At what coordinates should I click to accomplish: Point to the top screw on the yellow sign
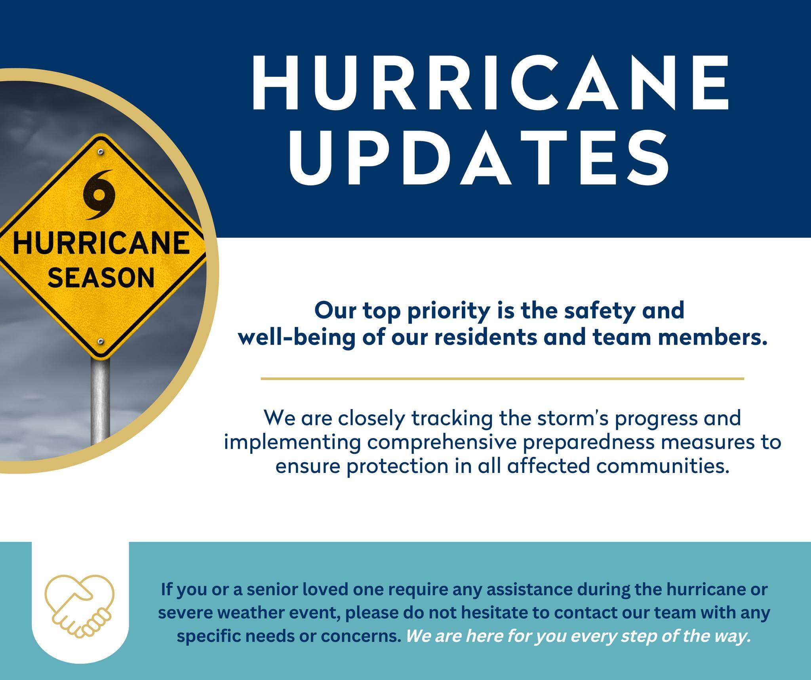tap(101, 152)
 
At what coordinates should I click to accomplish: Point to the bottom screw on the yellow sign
tap(101, 341)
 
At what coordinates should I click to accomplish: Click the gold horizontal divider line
tap(502, 379)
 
